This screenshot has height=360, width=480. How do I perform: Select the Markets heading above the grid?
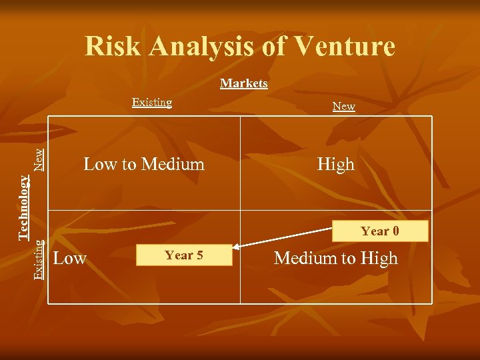coord(244,83)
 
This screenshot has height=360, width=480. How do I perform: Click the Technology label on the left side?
coord(24,207)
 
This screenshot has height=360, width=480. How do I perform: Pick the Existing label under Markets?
coord(152,102)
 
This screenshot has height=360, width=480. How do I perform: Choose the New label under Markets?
coord(343,106)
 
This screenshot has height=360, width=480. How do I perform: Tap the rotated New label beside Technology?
coord(40,158)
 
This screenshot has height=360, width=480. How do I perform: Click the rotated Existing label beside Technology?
coord(39,259)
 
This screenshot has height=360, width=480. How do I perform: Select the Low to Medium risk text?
coord(144,164)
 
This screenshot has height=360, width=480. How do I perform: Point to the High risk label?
coord(335,164)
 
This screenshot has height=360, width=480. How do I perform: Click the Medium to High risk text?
coord(335,258)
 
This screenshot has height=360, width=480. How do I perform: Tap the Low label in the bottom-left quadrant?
coord(69,258)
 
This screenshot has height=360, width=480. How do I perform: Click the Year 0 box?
coord(380,231)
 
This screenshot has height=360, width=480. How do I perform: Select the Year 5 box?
coord(184,255)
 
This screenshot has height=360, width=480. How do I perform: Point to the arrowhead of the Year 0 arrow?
coord(235,243)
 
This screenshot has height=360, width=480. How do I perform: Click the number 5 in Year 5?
coord(199,255)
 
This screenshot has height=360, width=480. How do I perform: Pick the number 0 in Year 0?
coord(395,231)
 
